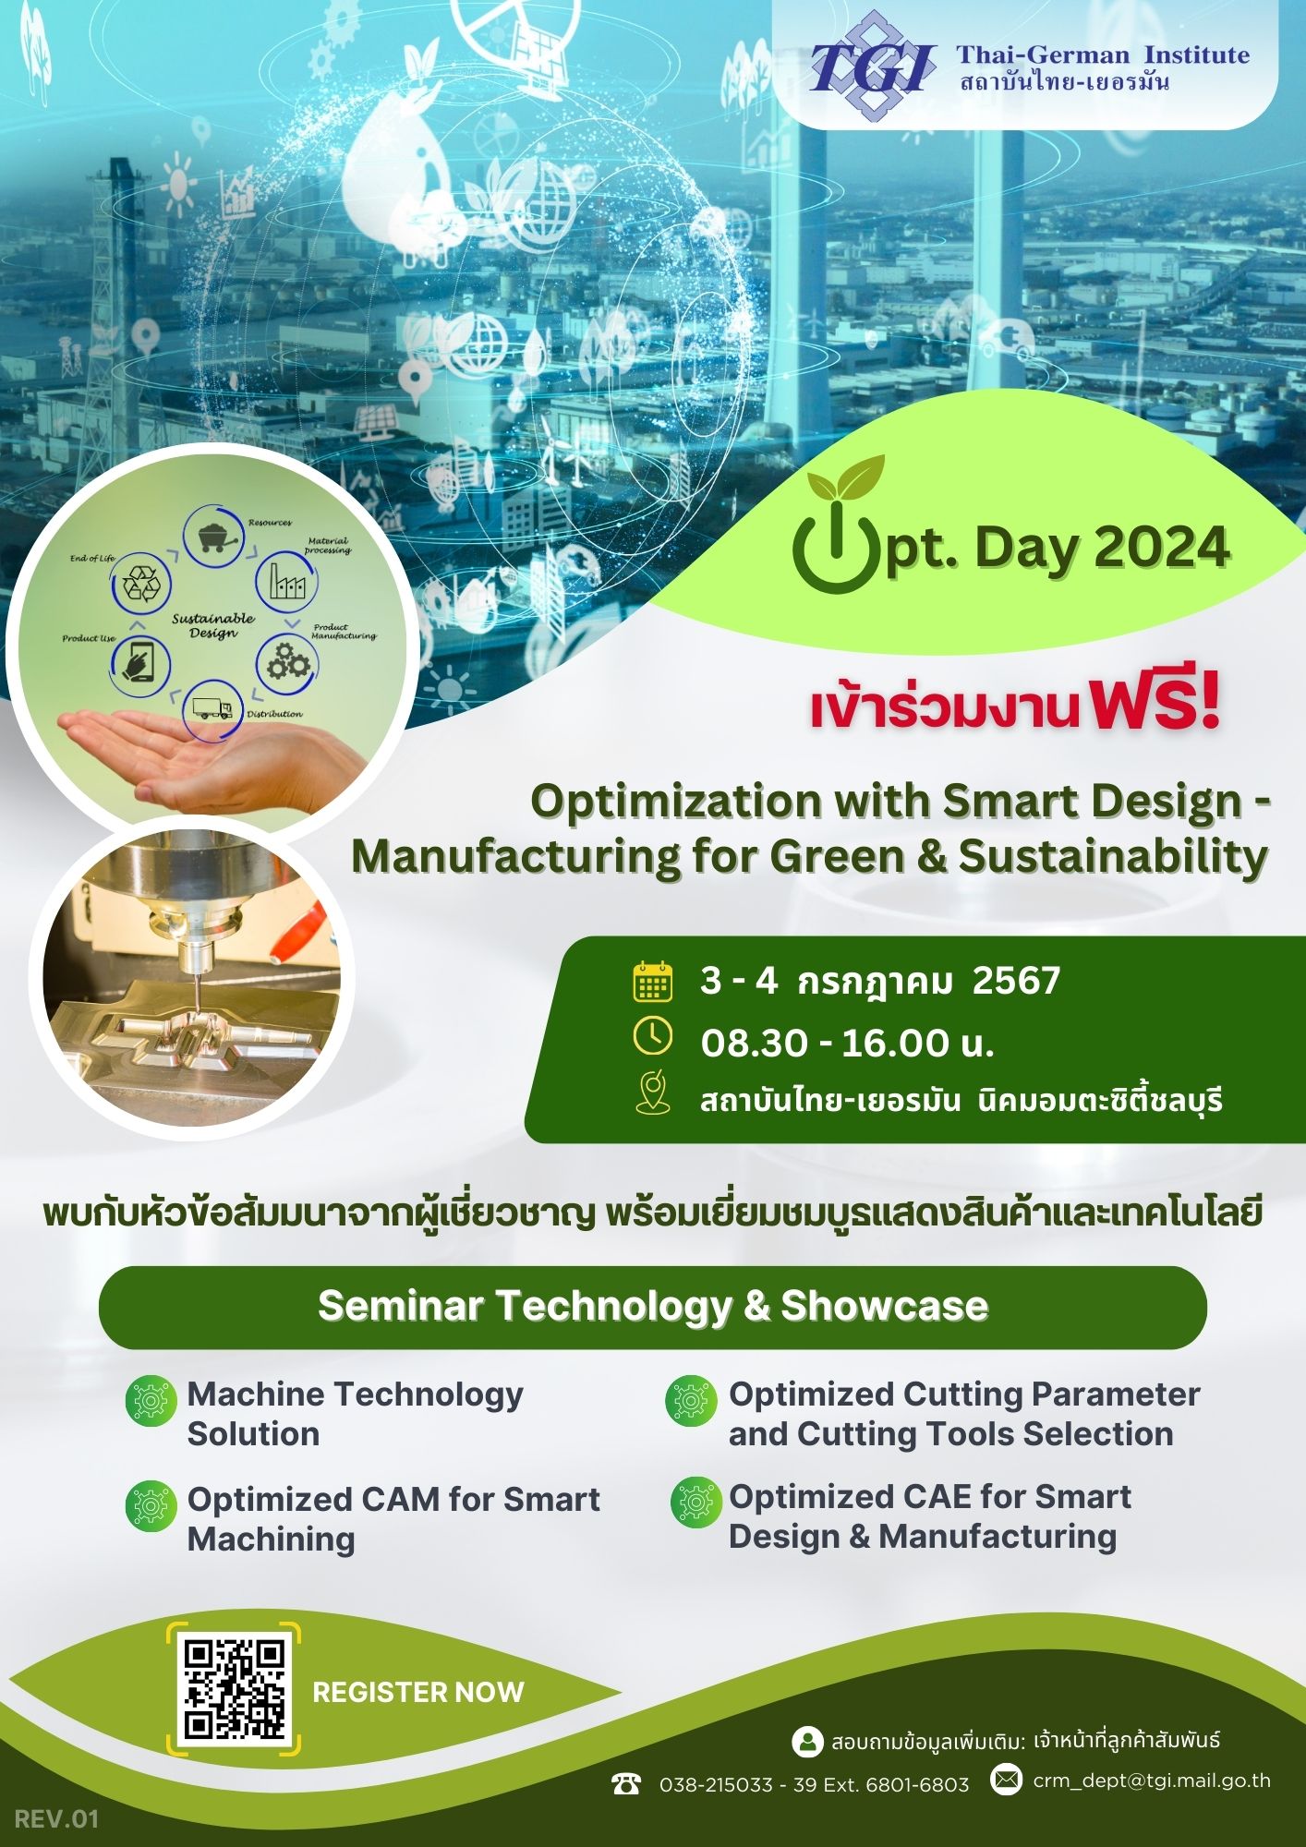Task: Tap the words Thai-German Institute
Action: pos(1103,54)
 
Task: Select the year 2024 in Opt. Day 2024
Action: pos(1162,548)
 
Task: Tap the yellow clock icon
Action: pos(653,1036)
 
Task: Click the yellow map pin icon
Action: pos(653,1092)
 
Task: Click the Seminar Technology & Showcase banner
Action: pos(653,1307)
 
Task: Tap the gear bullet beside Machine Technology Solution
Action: pos(151,1401)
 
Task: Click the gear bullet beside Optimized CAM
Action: pos(151,1506)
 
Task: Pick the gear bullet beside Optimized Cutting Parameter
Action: pos(691,1401)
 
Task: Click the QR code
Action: pos(234,1689)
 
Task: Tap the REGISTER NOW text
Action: pos(418,1692)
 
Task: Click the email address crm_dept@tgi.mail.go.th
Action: pos(1152,1781)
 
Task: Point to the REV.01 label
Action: pos(56,1819)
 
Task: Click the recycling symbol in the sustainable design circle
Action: pos(141,584)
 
